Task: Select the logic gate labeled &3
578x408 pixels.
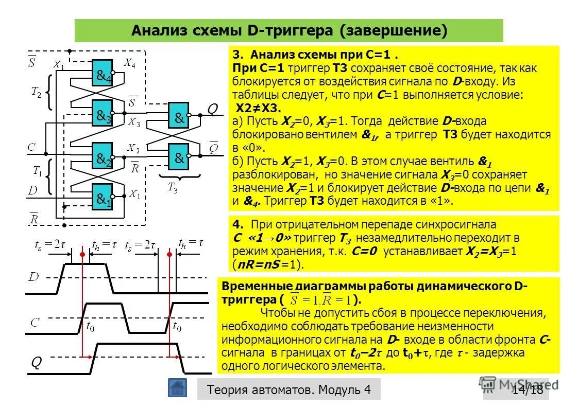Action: (103, 116)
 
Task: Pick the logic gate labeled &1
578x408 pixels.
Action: (103, 198)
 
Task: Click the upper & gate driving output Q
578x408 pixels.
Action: (179, 117)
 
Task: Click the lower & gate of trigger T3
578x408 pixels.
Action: (179, 157)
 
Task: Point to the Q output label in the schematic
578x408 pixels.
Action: (212, 110)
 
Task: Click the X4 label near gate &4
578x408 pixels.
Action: (130, 64)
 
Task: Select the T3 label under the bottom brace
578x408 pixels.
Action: (173, 188)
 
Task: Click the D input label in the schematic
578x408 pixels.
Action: (32, 191)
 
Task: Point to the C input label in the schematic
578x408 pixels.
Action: (32, 148)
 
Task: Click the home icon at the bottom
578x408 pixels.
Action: (177, 388)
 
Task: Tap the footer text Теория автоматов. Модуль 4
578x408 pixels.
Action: (288, 389)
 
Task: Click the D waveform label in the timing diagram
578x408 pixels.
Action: (33, 277)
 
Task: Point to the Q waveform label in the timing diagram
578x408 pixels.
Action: (36, 363)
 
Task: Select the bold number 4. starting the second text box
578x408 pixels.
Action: (237, 225)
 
